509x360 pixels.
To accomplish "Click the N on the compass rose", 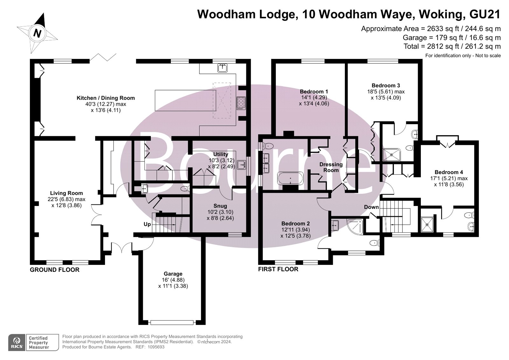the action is [x=37, y=33].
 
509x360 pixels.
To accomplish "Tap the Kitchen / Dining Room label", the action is [x=106, y=98].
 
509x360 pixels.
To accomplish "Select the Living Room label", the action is [x=66, y=193].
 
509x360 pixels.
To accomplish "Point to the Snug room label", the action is [x=220, y=206].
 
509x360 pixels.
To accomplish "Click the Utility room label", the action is [x=221, y=154].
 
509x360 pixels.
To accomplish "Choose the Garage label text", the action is [x=173, y=274].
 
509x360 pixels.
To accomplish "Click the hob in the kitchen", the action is [x=241, y=103].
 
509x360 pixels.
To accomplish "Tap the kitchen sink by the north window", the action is [x=222, y=68].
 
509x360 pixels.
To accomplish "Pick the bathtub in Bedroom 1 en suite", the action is [x=290, y=178].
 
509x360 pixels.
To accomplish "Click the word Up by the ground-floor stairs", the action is [x=147, y=224].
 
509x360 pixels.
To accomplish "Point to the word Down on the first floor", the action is [x=371, y=207].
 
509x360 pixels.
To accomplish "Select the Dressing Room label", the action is [x=331, y=167].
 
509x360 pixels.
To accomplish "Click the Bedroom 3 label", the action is [x=386, y=86].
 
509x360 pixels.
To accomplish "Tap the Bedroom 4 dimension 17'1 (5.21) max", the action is [x=449, y=179].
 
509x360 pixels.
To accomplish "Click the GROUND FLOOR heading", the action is [x=54, y=270].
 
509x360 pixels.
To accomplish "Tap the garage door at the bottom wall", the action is [x=172, y=322].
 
